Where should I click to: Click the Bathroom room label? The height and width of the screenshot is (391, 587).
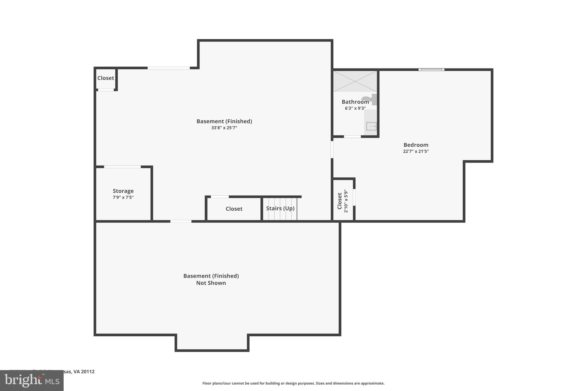[355, 102]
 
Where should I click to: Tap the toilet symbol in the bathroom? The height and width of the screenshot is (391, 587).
[370, 99]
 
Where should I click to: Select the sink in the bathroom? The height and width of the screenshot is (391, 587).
[371, 126]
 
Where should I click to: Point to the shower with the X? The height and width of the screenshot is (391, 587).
[355, 81]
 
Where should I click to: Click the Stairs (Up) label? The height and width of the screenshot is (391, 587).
[280, 208]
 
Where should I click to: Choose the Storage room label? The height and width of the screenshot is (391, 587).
[123, 191]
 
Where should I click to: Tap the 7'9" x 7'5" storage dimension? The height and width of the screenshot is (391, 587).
[123, 197]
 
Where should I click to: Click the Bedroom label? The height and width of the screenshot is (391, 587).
[416, 145]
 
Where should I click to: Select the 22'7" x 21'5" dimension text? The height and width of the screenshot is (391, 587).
[416, 151]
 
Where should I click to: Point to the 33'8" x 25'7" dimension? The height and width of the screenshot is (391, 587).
[224, 128]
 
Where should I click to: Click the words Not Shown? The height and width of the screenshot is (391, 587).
[211, 283]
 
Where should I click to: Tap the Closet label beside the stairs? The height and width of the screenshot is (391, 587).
[234, 209]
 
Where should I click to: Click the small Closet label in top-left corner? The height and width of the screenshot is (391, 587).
[105, 78]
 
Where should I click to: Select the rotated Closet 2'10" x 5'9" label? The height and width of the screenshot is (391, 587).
[343, 201]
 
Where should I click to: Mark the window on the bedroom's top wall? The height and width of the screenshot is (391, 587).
[431, 70]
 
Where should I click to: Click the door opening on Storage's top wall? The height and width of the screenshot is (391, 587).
[122, 167]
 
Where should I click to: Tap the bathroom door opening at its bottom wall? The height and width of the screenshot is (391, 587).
[352, 137]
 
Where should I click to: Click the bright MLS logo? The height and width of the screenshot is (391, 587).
[32, 380]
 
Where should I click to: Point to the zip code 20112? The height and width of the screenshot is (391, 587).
[87, 372]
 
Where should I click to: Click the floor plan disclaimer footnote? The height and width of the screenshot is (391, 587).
[293, 383]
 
